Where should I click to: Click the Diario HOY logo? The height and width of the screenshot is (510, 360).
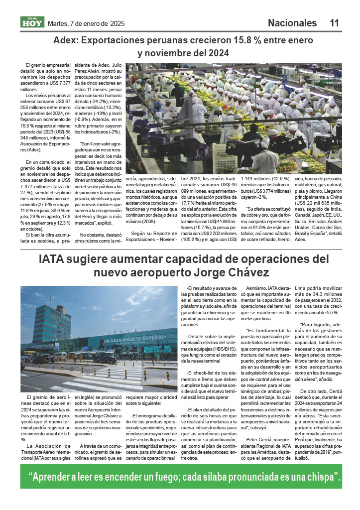pos(32,22)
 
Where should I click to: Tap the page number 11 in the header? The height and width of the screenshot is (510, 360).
pos(334,23)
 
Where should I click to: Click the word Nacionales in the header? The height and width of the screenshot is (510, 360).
pos(292,23)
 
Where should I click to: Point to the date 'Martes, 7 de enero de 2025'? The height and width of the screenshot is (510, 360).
pos(86,23)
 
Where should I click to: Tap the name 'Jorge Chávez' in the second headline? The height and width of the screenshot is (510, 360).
pos(235,273)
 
